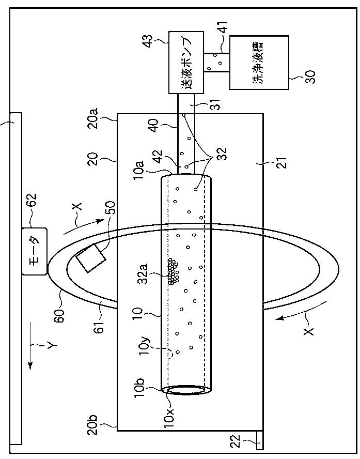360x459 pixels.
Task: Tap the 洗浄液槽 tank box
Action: pos(259,63)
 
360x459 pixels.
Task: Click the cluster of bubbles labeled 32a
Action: pos(173,271)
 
